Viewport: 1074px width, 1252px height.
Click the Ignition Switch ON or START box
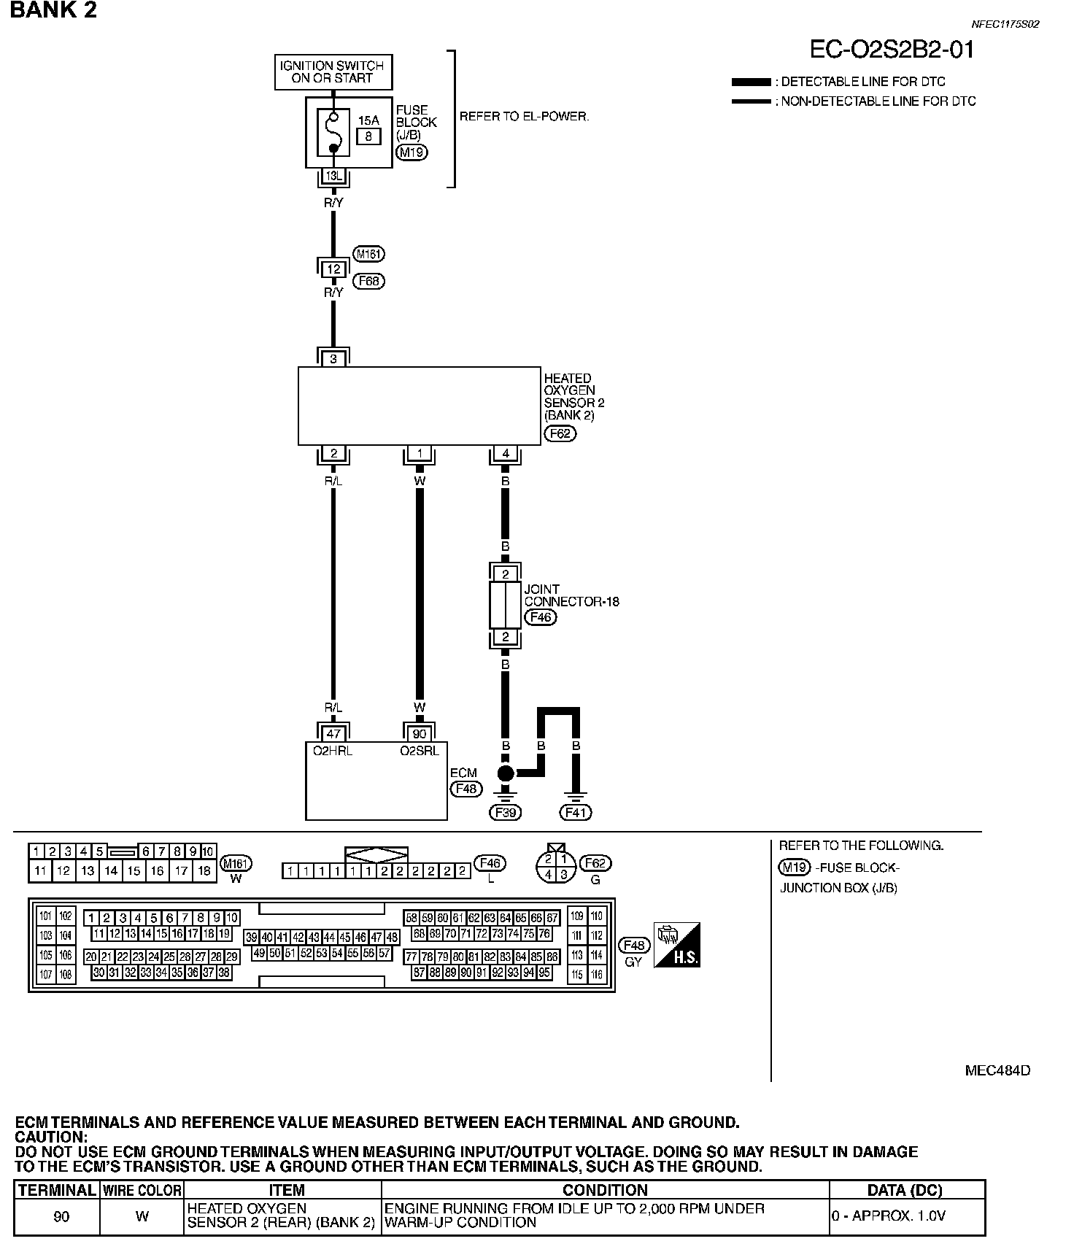pos(333,72)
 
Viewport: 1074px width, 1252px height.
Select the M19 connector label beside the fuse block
pos(412,152)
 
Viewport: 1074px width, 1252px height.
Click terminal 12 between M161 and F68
pos(333,269)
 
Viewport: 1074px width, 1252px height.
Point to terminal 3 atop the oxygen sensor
pos(333,359)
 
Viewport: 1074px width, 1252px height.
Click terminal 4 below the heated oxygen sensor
pos(506,454)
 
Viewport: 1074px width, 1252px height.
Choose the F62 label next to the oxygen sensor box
pos(560,434)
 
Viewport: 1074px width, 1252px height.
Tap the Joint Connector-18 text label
pos(571,595)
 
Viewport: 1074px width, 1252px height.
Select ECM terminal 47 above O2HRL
pos(333,734)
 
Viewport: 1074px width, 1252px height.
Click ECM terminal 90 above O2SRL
pos(420,734)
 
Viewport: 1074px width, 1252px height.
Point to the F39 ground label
pos(505,812)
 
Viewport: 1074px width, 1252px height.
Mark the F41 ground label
pos(576,812)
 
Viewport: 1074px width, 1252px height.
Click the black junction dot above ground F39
pos(505,773)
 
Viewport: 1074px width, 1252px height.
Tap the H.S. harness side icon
pos(677,945)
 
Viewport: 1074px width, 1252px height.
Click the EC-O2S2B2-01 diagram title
pos(892,50)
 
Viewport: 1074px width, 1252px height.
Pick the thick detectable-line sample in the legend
pos(751,82)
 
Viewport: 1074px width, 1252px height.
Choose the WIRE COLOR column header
pos(142,1190)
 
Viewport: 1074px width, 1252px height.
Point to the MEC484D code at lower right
pos(997,1070)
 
